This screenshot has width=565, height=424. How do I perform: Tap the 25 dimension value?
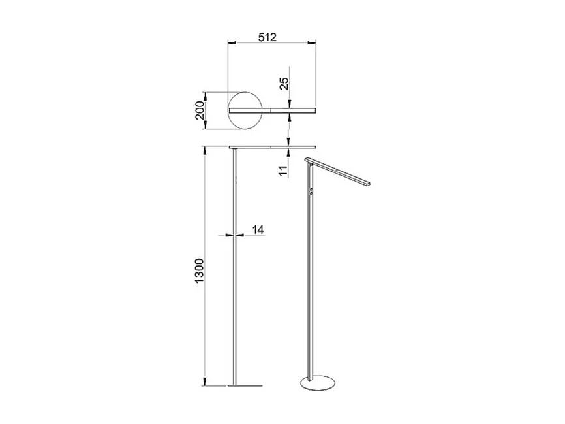(282, 83)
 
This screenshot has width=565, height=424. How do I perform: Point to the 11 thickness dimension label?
(282, 171)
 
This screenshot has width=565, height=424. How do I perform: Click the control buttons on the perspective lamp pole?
(312, 192)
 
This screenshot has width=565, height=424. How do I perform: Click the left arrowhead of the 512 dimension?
(230, 43)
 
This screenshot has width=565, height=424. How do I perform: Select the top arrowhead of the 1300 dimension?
(206, 151)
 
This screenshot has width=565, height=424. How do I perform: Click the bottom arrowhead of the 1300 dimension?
(206, 382)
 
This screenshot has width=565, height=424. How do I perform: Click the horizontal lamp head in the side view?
(273, 146)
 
